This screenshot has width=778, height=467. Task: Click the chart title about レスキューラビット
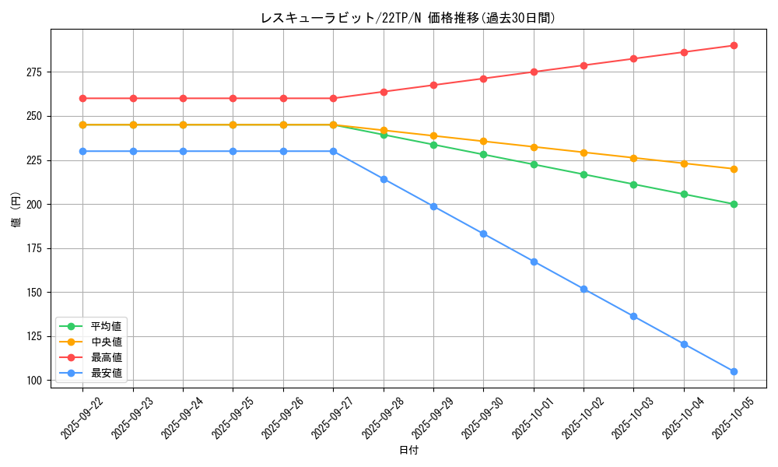pyautogui.click(x=408, y=18)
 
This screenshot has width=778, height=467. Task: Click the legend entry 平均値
pyautogui.click(x=106, y=326)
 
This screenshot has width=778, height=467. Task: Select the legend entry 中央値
pyautogui.click(x=106, y=342)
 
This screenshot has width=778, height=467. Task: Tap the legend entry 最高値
pyautogui.click(x=106, y=357)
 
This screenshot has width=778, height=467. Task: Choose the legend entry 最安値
pyautogui.click(x=106, y=373)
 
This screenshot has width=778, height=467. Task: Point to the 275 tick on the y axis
pyautogui.click(x=34, y=72)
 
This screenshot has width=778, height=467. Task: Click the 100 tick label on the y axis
pyautogui.click(x=34, y=381)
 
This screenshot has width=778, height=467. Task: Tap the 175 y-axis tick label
pyautogui.click(x=34, y=248)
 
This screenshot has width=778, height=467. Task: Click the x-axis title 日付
pyautogui.click(x=408, y=451)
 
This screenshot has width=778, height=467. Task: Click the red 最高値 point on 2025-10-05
pyautogui.click(x=734, y=45)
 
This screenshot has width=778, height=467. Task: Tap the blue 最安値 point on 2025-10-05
pyautogui.click(x=734, y=371)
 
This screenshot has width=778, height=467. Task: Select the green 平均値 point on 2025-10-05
pyautogui.click(x=734, y=204)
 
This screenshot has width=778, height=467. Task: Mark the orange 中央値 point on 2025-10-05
pyautogui.click(x=734, y=169)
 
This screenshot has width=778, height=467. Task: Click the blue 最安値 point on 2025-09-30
pyautogui.click(x=483, y=233)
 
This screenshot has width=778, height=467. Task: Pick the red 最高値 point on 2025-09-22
pyautogui.click(x=82, y=98)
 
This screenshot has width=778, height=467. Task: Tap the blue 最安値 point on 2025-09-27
pyautogui.click(x=333, y=151)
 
